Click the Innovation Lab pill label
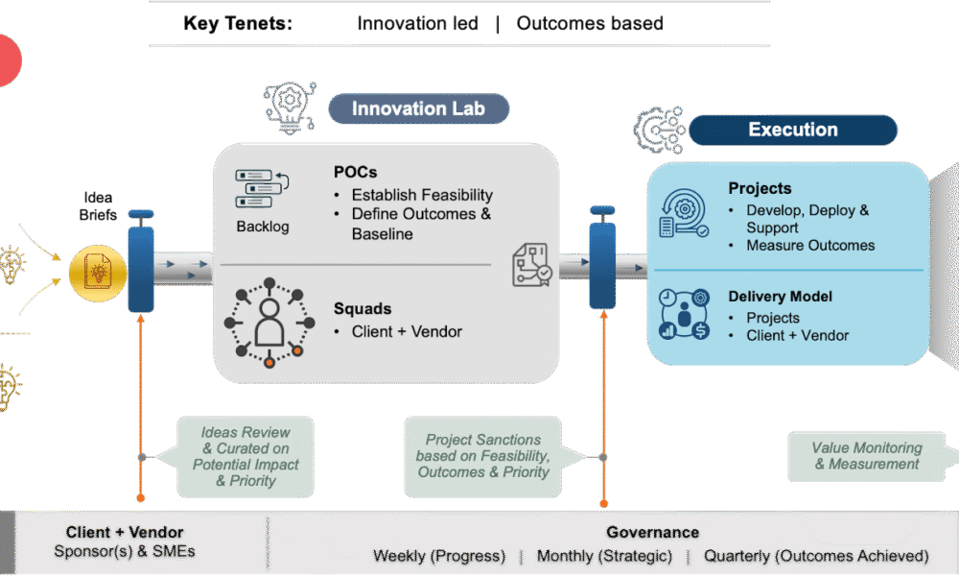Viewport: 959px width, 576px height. click(419, 108)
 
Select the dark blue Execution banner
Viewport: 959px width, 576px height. click(793, 130)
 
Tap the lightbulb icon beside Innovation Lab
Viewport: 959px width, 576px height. click(290, 108)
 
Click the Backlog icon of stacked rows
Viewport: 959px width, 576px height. click(262, 188)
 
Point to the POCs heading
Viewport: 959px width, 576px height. click(356, 172)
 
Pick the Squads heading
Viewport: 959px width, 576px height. click(363, 308)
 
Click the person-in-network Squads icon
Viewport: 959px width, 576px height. click(269, 322)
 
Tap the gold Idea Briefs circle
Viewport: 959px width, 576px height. click(97, 273)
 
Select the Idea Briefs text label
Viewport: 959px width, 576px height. click(98, 206)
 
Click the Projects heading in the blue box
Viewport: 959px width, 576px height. click(760, 188)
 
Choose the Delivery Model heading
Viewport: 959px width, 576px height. click(780, 297)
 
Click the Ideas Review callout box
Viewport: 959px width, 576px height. click(246, 457)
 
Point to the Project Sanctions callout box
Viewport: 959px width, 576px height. click(482, 456)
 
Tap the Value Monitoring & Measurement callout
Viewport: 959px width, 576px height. click(867, 456)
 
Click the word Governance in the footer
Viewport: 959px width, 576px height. click(652, 532)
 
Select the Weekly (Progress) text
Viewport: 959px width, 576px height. click(439, 556)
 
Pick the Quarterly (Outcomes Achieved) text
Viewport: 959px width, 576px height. click(816, 556)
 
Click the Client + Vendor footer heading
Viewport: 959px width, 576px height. click(125, 532)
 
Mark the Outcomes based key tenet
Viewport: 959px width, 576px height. click(590, 23)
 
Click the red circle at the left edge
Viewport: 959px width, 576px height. click(9, 60)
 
